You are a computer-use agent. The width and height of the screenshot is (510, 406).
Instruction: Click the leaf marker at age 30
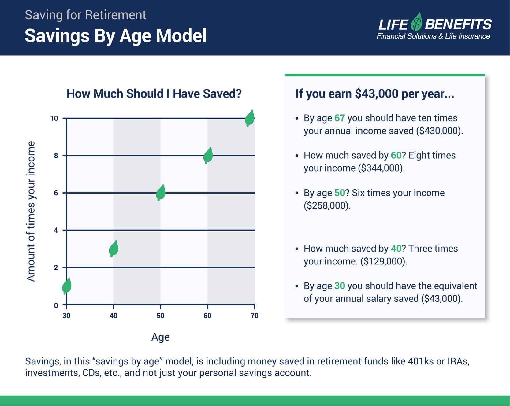pos(67,286)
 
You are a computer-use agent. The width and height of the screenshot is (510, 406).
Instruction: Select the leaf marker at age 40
pos(114,249)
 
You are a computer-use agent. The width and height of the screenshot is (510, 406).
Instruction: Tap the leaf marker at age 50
pos(161,193)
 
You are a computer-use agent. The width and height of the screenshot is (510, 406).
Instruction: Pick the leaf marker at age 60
pos(208,156)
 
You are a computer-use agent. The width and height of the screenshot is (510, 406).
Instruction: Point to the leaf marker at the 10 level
pos(250,118)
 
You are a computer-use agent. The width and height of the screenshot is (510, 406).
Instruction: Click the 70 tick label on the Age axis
pos(255,316)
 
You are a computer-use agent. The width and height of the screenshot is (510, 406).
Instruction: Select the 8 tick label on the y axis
pos(56,156)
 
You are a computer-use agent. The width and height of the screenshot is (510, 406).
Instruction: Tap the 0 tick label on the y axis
pos(56,305)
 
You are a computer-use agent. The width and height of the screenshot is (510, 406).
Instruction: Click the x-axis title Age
pos(160,337)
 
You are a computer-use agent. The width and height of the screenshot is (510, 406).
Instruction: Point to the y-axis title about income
pos(31,211)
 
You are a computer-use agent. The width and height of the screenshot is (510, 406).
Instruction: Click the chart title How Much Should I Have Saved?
pos(154,94)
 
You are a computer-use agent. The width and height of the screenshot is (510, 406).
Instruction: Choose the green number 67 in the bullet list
pos(340,118)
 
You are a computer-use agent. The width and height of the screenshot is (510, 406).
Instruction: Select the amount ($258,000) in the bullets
pos(327,205)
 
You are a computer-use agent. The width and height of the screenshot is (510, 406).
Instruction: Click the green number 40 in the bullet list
pos(396,249)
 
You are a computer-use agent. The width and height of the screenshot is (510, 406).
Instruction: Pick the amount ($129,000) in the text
pos(384,261)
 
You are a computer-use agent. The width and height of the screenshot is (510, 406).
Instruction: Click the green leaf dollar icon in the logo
pos(416,22)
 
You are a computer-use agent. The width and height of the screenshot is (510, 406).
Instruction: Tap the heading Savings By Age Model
pos(116,35)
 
